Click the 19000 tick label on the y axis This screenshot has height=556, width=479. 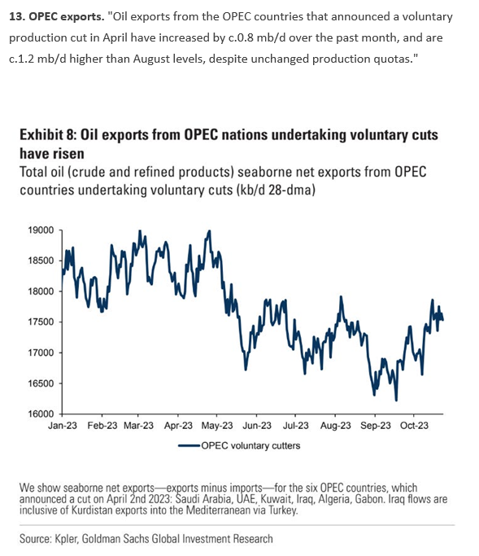41,230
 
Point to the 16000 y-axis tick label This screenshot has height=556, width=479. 41,414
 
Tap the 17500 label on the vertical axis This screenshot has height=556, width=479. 41,322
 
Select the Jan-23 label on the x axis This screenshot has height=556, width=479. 63,426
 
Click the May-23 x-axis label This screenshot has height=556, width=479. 217,426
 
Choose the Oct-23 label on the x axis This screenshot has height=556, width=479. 414,426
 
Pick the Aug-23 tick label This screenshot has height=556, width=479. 336,426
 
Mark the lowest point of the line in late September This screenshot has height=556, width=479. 396,401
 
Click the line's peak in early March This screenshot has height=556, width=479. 140,231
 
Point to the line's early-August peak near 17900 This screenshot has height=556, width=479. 341,297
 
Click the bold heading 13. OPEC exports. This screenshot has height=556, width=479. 57,16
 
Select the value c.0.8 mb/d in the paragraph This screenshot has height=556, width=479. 256,37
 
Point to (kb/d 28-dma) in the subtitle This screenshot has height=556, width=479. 275,190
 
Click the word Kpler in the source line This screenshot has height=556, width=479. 66,539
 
